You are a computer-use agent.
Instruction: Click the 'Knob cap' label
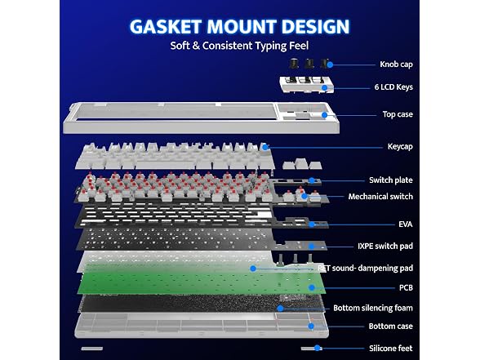coord(396,64)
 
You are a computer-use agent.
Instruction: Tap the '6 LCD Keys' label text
coord(393,87)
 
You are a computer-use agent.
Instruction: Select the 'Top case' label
coord(398,114)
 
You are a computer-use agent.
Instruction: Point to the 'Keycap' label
coord(400,147)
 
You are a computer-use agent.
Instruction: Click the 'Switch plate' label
coord(391,180)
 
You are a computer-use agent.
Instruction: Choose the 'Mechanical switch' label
coord(380,197)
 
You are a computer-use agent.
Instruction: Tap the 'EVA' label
coord(406,224)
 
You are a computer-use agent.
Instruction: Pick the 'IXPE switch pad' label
coord(385,247)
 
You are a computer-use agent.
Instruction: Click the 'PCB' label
coord(406,287)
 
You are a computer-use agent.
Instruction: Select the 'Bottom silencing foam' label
coord(373,308)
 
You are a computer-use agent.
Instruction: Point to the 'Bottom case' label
coord(390,327)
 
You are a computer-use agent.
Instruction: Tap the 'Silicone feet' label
coord(390,349)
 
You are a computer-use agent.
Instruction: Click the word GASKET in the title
coord(166,27)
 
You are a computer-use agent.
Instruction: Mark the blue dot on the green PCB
coord(312,287)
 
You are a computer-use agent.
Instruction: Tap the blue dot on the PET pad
coord(253,269)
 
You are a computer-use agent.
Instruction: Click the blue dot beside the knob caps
coord(330,64)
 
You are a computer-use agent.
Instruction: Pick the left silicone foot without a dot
coord(91,349)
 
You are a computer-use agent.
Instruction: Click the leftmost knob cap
coord(294,64)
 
